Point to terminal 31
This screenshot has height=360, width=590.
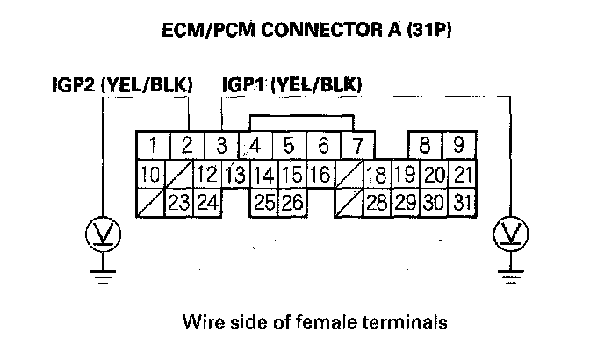point(463,204)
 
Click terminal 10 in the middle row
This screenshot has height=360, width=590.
point(149,175)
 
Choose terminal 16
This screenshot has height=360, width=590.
point(321,175)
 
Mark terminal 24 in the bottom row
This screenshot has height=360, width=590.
point(207,204)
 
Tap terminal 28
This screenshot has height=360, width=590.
point(377,204)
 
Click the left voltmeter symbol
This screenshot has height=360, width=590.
point(103,234)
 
